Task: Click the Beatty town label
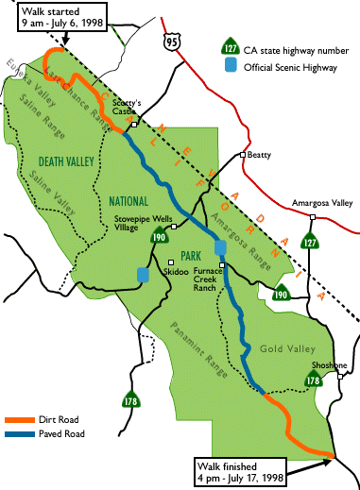click(263, 155)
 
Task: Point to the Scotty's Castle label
click(127, 107)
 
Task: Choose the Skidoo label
click(176, 271)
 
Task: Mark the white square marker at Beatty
click(243, 155)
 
